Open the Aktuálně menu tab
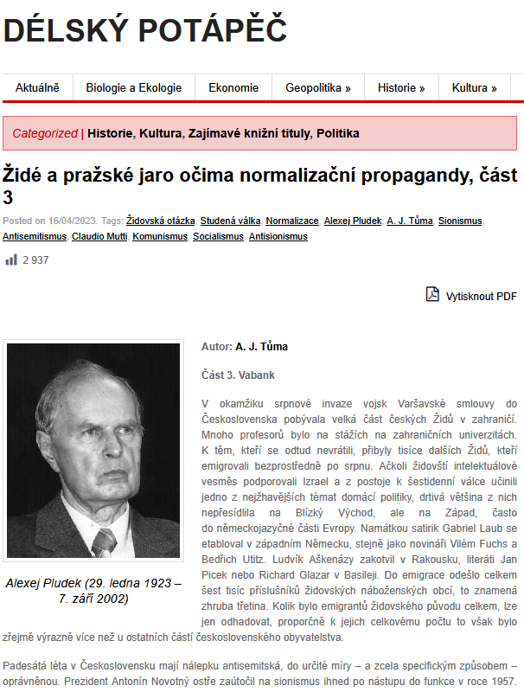click(x=37, y=87)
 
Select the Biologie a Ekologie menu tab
click(x=133, y=87)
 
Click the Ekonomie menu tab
click(x=233, y=87)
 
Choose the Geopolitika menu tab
click(x=318, y=87)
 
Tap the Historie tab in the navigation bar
click(x=401, y=87)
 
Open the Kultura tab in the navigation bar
click(x=475, y=87)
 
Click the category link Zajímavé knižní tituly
click(x=249, y=133)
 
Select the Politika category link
click(x=337, y=133)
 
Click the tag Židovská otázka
click(x=160, y=221)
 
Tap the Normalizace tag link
click(x=292, y=221)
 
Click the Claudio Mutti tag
click(x=99, y=236)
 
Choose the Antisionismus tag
click(x=278, y=236)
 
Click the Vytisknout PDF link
click(x=481, y=296)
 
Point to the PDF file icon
click(x=432, y=295)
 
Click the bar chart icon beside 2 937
click(x=11, y=259)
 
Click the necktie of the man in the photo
click(x=103, y=541)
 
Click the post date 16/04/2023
click(x=72, y=221)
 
